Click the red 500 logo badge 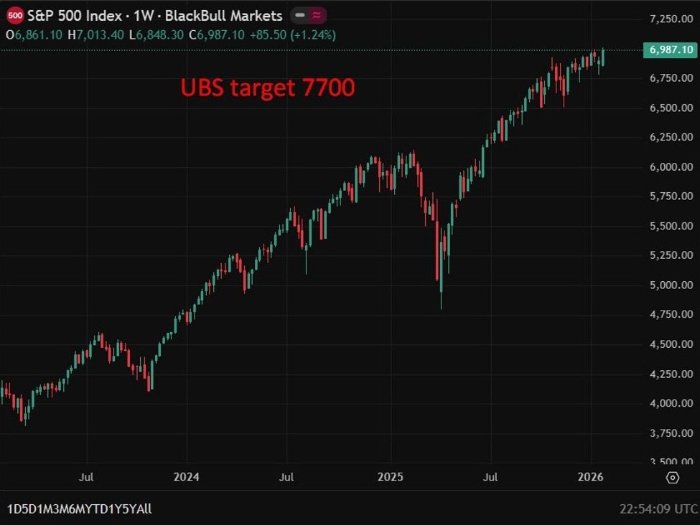(15, 16)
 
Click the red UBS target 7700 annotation (267, 88)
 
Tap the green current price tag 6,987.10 (671, 49)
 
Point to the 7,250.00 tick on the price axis (671, 18)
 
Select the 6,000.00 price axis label (671, 166)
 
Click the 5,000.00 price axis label (671, 285)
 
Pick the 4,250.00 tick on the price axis (671, 374)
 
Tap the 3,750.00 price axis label (671, 432)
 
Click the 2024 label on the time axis (187, 476)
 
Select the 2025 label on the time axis (391, 476)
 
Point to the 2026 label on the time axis (591, 476)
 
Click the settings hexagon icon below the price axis (673, 478)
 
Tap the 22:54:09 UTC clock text (658, 509)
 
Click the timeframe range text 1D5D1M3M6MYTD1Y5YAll (80, 509)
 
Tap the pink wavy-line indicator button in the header (316, 16)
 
